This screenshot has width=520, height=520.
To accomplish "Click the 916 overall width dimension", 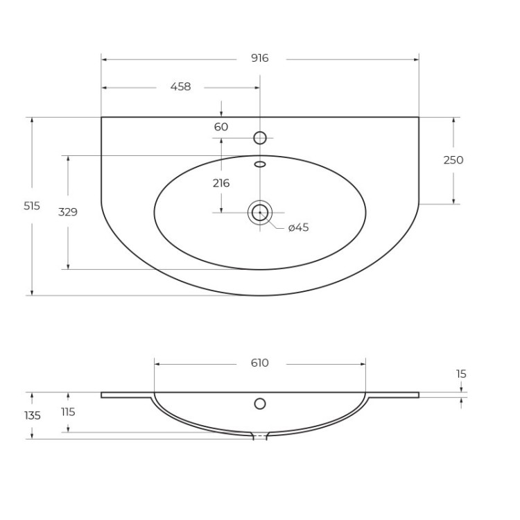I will [x=259, y=59].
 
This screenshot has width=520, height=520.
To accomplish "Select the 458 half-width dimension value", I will [x=180, y=87].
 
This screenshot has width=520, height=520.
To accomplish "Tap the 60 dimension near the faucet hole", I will [x=221, y=127].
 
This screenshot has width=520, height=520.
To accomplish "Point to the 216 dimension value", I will [x=221, y=183].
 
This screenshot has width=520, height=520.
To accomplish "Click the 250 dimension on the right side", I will [x=453, y=160].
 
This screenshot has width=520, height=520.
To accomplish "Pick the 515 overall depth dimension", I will [x=32, y=206].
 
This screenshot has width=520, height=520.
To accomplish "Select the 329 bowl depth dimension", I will [x=68, y=212].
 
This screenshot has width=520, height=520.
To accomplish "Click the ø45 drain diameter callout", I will [x=298, y=227].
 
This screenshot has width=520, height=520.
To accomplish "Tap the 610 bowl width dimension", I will [x=259, y=363].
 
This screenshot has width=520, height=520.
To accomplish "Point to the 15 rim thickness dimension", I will [x=461, y=374].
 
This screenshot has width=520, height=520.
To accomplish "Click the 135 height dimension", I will [x=32, y=415].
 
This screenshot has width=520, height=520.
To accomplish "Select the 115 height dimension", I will [x=68, y=412].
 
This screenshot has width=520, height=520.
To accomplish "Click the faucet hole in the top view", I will [x=260, y=138].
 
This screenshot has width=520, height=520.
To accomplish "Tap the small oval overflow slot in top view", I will [x=260, y=164].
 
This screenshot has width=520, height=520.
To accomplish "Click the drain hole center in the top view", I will [x=260, y=212].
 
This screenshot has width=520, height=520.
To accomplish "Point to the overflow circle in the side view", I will [x=260, y=404].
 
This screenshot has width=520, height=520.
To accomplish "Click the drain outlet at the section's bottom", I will [x=259, y=436].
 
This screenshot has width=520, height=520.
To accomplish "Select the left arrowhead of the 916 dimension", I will [x=104, y=60].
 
